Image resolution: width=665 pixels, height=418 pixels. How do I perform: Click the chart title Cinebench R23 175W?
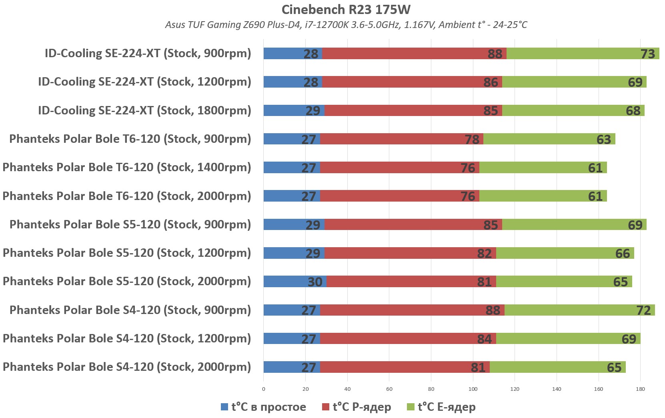click(x=346, y=9)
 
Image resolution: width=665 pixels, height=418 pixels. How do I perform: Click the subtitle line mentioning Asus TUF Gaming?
click(x=346, y=25)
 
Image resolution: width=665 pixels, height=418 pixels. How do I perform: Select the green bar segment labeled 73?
click(x=583, y=54)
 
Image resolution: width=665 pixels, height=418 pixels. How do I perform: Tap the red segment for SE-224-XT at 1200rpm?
click(x=412, y=82)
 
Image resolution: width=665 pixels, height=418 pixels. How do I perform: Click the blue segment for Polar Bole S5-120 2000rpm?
click(x=295, y=282)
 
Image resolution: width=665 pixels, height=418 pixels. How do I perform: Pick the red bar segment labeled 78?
click(x=401, y=139)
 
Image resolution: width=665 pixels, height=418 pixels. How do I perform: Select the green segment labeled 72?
click(x=579, y=310)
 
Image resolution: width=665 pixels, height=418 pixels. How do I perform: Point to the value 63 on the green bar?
click(x=603, y=139)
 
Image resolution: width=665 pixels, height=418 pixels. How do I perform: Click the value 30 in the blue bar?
click(x=315, y=282)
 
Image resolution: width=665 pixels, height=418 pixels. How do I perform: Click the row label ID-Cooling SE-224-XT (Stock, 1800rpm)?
click(x=144, y=110)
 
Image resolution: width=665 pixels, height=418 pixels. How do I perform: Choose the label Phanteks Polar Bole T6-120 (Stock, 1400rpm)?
click(x=127, y=167)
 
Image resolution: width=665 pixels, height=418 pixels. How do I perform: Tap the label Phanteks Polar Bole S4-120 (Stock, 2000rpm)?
click(x=127, y=367)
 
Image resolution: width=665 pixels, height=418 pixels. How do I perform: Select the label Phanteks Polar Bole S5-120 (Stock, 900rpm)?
click(x=130, y=224)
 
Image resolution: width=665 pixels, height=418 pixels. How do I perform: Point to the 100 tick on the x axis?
click(x=473, y=389)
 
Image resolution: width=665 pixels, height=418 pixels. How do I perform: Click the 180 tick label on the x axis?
click(x=640, y=389)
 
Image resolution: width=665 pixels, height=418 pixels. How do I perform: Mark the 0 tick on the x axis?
click(x=263, y=389)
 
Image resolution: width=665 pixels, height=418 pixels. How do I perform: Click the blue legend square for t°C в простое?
click(x=224, y=407)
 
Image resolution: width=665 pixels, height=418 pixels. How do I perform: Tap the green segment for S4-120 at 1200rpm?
click(x=568, y=339)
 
